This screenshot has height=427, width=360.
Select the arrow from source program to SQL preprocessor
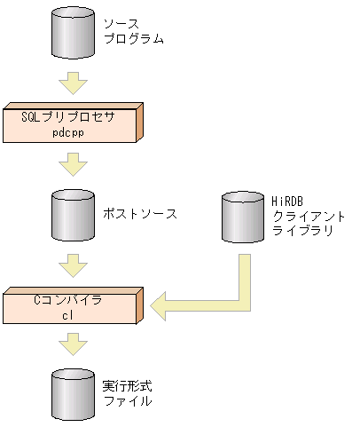(x=72, y=84)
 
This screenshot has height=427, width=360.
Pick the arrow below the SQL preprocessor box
(x=72, y=164)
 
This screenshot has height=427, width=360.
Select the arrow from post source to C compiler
(x=72, y=264)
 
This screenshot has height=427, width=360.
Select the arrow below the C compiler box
(x=72, y=344)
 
